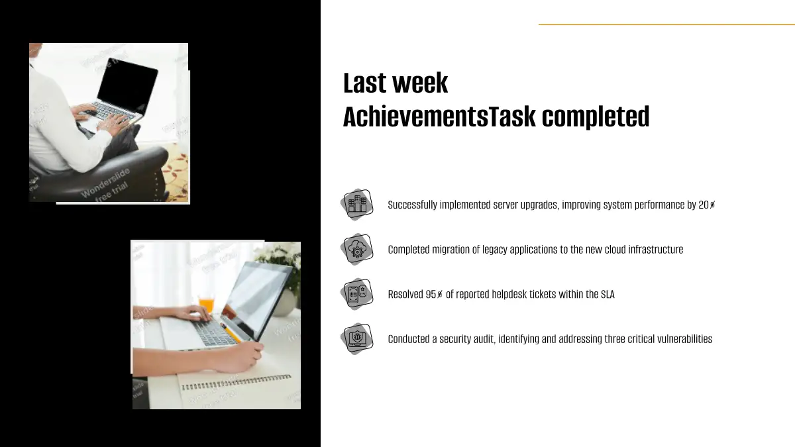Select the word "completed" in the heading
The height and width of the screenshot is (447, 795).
(596, 117)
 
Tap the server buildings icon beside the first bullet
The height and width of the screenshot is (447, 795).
(357, 205)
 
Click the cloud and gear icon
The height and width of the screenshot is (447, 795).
(357, 249)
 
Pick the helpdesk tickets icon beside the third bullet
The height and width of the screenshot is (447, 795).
(357, 294)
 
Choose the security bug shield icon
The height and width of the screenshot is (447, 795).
(357, 338)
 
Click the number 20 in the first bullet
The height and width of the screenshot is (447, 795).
(704, 205)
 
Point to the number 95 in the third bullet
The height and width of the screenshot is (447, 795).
(431, 294)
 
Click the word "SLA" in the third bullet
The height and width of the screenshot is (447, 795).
(608, 294)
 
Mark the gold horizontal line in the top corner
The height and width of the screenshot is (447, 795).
(666, 25)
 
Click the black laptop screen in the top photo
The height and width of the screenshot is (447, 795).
(128, 86)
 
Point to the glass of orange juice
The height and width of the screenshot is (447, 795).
(207, 305)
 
